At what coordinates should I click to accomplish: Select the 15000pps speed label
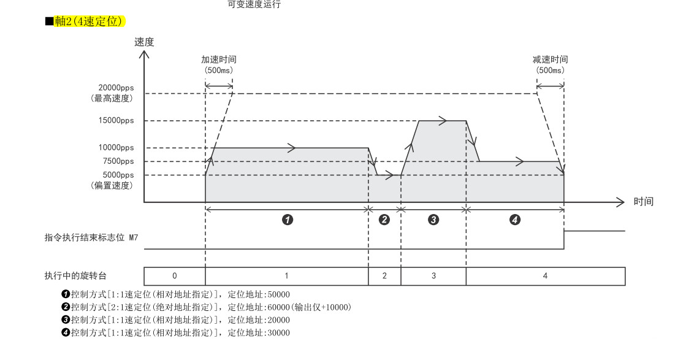coord(116,121)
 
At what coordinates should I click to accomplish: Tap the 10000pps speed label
coord(116,148)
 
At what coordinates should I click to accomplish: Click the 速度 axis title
coord(144,42)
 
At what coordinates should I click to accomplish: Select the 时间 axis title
coord(643,201)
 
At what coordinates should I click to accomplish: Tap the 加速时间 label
coord(219,59)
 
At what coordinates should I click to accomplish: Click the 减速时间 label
coord(550,59)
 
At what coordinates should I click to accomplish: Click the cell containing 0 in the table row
coord(175,276)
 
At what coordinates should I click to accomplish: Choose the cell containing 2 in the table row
coord(384,276)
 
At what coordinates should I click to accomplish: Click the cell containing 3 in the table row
coord(433,276)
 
